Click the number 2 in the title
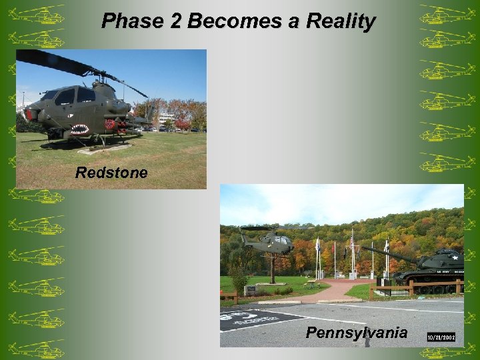pyautogui.click(x=175, y=21)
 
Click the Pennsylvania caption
pyautogui.click(x=356, y=333)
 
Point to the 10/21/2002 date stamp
pyautogui.click(x=441, y=338)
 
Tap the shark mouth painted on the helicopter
pyautogui.click(x=79, y=129)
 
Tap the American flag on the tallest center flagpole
pyautogui.click(x=352, y=239)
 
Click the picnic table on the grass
pyautogui.click(x=311, y=283)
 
